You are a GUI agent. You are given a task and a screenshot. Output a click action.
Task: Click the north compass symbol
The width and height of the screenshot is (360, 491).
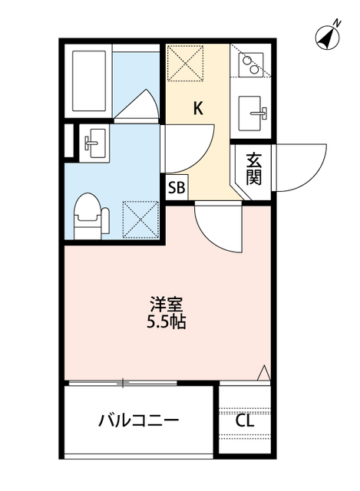click(x=329, y=36)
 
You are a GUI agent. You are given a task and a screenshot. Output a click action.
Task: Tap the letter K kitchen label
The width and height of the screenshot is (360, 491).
click(x=198, y=108)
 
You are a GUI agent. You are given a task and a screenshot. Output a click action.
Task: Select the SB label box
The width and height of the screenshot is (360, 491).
click(x=177, y=186)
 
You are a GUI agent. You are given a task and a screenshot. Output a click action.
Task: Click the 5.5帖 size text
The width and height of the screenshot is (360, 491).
click(x=167, y=321)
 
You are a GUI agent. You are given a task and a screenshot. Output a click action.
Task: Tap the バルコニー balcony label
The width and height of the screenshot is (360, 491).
click(x=138, y=420)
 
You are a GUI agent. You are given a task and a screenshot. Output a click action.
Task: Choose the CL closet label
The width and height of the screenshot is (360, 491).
click(x=245, y=420)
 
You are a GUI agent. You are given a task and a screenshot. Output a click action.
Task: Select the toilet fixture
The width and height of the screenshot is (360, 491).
click(x=88, y=216)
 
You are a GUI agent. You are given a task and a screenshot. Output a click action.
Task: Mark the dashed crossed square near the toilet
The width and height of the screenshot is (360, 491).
click(x=140, y=219)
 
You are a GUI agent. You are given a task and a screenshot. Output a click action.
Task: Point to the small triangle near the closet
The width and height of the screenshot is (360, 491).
click(x=263, y=373)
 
